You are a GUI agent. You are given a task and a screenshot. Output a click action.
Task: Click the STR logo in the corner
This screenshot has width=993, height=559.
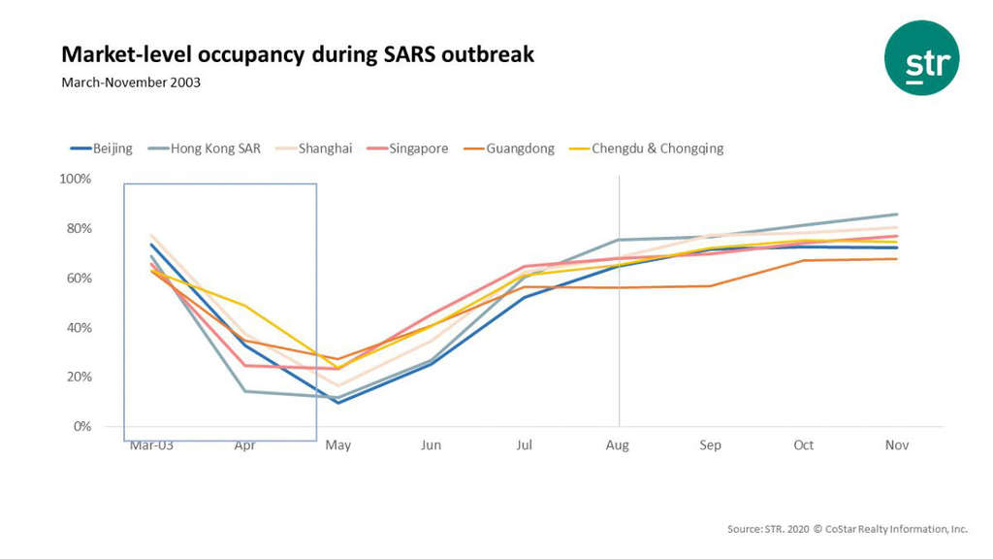[x=921, y=58]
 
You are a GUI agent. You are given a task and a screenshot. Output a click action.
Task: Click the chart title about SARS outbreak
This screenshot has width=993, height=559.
[x=298, y=53]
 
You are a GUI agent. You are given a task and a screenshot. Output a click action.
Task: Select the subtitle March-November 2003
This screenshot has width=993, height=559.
[x=131, y=82]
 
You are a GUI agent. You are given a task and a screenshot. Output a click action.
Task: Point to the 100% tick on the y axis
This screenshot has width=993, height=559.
[x=75, y=180]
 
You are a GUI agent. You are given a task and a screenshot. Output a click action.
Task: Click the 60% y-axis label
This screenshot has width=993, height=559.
[x=78, y=279]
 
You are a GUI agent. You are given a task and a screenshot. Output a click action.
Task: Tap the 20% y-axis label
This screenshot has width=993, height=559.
[x=78, y=377]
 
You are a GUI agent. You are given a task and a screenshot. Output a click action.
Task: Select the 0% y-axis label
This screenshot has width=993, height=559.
[x=81, y=426]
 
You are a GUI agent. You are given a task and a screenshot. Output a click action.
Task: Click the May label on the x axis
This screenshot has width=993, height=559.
[x=337, y=445]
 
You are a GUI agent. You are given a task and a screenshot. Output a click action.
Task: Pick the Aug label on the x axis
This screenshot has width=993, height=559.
[x=618, y=445]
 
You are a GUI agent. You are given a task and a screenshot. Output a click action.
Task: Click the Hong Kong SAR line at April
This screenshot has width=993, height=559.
[x=244, y=391]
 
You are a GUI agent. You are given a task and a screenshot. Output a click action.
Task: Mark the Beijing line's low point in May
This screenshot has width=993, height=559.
[x=338, y=403]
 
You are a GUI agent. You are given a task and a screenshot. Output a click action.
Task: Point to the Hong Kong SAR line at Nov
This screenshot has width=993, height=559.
[x=897, y=214]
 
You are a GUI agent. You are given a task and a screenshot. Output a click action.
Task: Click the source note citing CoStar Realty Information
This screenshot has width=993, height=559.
[x=847, y=529]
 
